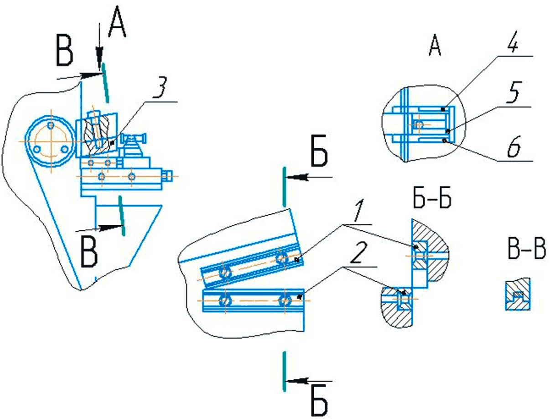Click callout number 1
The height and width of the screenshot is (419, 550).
[x=359, y=211]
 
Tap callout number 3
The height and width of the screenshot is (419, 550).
[x=159, y=88]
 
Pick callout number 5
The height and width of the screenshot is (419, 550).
[x=513, y=92]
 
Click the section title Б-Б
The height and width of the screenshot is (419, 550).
[x=432, y=199]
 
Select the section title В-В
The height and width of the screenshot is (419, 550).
[x=526, y=248]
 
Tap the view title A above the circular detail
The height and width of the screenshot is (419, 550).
[x=435, y=45]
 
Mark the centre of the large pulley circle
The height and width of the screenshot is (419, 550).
[x=51, y=141]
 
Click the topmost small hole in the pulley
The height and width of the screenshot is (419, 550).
[x=51, y=125]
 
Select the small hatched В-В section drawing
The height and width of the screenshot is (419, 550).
[x=518, y=294]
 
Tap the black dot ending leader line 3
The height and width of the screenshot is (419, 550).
[x=112, y=143]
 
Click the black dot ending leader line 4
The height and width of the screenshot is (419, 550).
[x=443, y=109]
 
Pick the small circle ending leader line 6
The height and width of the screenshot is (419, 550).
[x=445, y=141]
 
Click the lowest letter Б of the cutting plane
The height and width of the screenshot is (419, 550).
[x=319, y=403]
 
